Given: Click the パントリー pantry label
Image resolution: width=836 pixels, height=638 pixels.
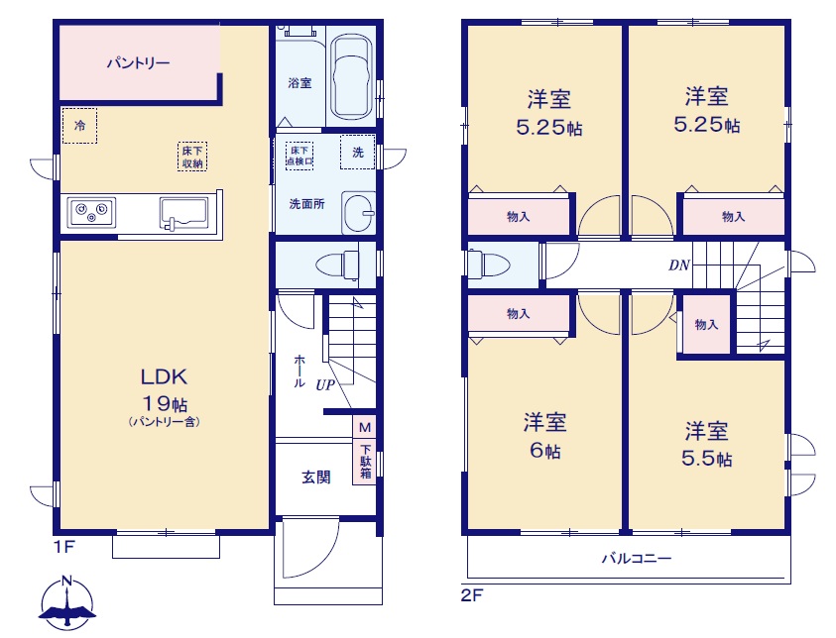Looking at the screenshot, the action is coord(138,63).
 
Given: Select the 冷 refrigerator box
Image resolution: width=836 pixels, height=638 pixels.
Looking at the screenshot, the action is coord(80,126).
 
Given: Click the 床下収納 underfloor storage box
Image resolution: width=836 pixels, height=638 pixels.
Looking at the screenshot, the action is coord(192,157).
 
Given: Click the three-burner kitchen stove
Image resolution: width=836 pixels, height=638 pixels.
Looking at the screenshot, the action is coord(91,212).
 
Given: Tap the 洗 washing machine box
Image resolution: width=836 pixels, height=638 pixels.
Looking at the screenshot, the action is coord(358,153).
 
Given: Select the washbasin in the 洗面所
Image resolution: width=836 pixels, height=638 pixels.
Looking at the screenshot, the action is coord(358,213).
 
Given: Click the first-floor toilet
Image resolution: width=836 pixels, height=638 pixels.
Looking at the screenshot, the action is coord(337,265).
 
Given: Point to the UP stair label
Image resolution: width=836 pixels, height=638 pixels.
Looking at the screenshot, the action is coord(325,384).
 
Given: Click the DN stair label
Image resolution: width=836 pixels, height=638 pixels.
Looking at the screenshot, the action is coord(679,265).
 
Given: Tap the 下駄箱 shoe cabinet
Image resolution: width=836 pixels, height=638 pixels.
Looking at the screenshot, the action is coord(365,462).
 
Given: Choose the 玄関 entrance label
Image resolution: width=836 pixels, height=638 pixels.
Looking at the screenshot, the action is coord(316,478).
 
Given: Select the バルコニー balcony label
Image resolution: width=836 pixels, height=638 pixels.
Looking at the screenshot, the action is coord(637,559).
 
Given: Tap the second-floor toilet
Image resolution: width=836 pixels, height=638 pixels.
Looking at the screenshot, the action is coord(488,265).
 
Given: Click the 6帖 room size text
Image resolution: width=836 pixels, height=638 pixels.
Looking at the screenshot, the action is coord(544,451).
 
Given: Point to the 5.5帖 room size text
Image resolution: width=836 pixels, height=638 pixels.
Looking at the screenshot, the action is coord(707,459).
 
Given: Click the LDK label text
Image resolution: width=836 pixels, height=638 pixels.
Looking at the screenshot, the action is coord(164,377).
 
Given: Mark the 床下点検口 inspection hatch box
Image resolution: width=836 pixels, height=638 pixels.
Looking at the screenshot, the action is coord(299,156).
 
